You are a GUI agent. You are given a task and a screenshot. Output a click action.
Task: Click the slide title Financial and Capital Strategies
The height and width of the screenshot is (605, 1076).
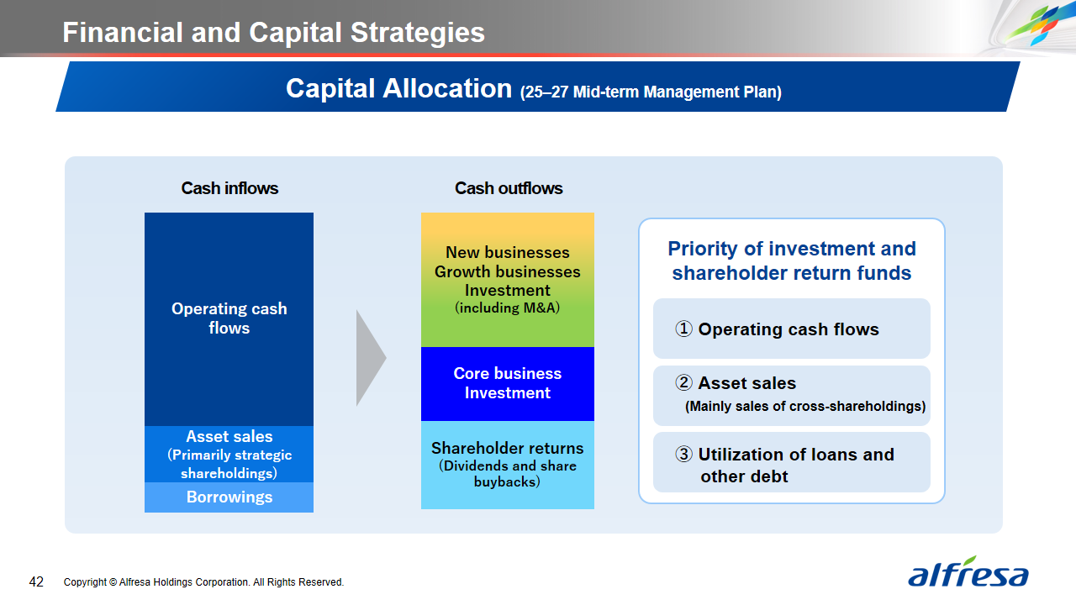(273, 32)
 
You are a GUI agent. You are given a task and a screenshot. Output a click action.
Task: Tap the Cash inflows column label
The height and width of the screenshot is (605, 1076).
(229, 188)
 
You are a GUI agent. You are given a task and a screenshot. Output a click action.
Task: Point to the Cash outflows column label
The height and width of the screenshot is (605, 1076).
(509, 188)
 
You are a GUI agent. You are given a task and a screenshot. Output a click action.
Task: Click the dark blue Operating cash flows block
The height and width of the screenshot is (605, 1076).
(229, 318)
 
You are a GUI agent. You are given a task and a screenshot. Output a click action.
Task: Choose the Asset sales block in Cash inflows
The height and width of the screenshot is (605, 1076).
(229, 454)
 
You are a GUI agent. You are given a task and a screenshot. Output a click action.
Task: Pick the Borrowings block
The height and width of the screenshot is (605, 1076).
(229, 497)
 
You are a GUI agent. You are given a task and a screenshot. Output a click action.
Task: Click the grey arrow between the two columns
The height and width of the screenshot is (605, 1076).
(370, 358)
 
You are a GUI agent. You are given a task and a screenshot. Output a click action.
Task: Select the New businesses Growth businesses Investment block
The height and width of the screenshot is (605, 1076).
(508, 280)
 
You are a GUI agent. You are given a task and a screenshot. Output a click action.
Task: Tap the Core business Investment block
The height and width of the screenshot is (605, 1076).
(508, 384)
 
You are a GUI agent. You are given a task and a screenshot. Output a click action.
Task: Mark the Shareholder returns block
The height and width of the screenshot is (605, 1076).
(508, 465)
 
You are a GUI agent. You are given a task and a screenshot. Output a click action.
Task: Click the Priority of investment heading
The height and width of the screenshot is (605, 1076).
(792, 260)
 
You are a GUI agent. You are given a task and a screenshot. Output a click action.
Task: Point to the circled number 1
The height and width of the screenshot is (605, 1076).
(683, 329)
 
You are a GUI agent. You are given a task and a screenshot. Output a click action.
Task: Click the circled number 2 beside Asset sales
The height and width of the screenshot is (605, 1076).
(683, 382)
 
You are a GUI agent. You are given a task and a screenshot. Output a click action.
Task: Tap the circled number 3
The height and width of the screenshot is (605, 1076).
(683, 454)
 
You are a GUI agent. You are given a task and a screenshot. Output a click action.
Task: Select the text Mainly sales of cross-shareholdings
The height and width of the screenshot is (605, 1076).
(805, 406)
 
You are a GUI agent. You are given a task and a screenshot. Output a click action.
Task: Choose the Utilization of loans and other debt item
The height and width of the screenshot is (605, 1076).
(792, 462)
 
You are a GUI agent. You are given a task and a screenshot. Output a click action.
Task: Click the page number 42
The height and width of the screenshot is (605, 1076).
(36, 582)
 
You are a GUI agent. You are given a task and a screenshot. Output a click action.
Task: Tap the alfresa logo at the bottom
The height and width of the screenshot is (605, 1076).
(968, 571)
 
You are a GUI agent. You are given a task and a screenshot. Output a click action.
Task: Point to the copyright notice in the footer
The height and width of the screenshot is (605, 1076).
(203, 582)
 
